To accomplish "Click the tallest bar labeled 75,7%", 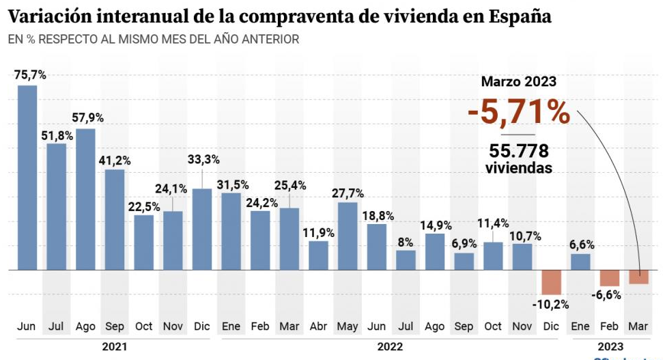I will click(x=27, y=178).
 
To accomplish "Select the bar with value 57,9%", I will click(x=85, y=199).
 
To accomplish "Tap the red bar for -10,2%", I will click(x=551, y=282).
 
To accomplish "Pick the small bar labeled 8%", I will click(x=406, y=260).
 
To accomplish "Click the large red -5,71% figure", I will click(x=519, y=113).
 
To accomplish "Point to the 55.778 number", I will click(x=519, y=151).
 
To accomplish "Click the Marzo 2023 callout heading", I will click(x=519, y=82).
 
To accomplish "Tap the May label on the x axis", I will click(x=347, y=327).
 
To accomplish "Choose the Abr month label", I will click(x=318, y=327).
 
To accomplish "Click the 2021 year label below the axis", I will click(x=114, y=346).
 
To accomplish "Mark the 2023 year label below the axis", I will click(x=609, y=346).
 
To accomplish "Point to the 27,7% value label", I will click(x=347, y=193).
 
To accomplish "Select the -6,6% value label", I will click(x=608, y=295).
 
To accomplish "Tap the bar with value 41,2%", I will click(x=115, y=220).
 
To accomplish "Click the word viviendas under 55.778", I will click(x=519, y=168).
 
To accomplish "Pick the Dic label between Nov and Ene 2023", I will click(x=551, y=327).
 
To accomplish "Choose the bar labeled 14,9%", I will click(x=435, y=252).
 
